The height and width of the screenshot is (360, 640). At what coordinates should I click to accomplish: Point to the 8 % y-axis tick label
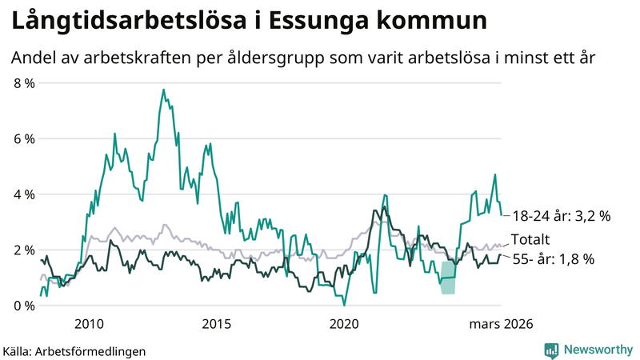point(24,82)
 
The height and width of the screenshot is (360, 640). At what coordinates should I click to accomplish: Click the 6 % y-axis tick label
point(24,138)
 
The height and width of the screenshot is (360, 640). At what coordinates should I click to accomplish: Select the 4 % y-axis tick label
point(24,194)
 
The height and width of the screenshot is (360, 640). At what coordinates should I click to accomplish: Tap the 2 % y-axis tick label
point(24,250)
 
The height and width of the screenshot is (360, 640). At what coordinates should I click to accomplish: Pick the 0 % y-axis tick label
point(24,306)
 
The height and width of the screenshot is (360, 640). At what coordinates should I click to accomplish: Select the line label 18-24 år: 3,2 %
point(562,215)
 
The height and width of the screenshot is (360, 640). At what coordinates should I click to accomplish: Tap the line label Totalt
point(530,238)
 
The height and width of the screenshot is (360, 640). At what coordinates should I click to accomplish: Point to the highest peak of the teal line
point(163,90)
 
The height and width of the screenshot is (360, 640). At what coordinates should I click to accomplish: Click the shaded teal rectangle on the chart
point(448,278)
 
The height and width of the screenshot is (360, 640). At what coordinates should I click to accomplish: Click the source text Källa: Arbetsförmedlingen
point(74,350)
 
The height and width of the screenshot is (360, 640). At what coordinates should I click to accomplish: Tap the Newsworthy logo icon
point(551,350)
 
